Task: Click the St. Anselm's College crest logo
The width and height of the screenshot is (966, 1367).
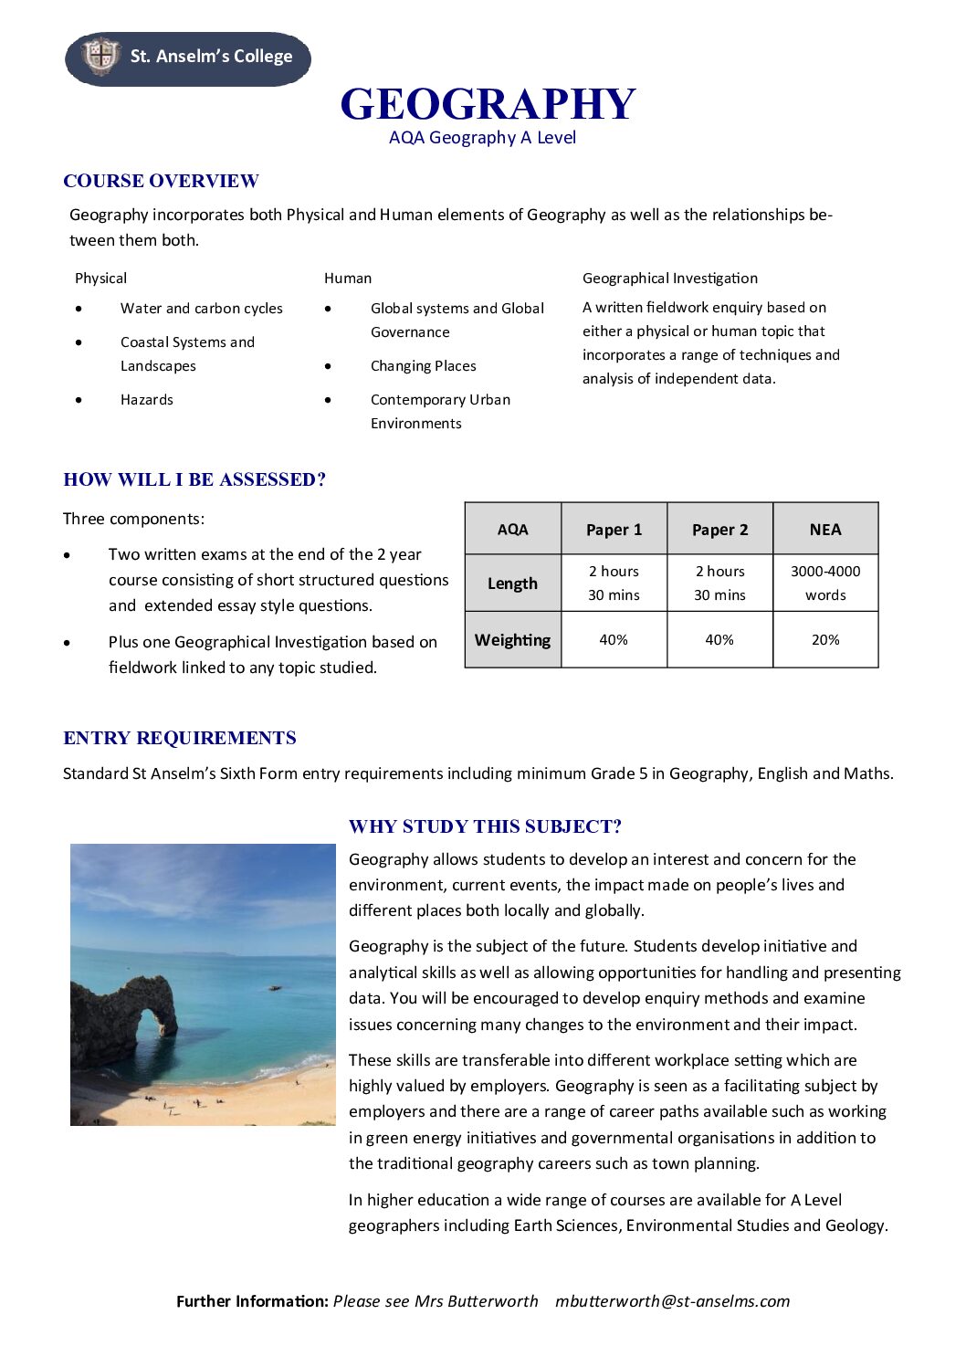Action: click(100, 57)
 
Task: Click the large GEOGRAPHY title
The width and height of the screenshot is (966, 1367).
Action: click(488, 104)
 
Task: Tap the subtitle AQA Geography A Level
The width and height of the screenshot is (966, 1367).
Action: click(482, 138)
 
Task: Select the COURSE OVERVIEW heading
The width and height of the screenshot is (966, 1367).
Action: click(161, 181)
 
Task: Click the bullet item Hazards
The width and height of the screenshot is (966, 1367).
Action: click(146, 400)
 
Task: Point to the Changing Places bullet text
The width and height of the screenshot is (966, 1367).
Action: click(423, 366)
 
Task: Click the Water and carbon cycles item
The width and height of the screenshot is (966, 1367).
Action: click(201, 309)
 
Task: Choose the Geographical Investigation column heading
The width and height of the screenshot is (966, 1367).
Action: click(669, 279)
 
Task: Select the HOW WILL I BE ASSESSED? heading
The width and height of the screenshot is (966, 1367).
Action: click(194, 479)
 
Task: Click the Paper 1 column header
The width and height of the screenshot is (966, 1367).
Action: click(614, 530)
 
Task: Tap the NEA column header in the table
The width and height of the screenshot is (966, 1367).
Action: click(824, 530)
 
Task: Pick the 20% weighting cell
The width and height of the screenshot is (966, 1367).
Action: click(824, 640)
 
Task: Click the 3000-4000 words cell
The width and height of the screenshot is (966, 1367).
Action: click(824, 584)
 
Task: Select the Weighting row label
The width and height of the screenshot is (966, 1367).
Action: click(512, 640)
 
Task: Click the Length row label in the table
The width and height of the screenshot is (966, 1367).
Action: click(512, 584)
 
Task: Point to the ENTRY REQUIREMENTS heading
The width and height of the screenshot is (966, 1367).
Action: click(180, 738)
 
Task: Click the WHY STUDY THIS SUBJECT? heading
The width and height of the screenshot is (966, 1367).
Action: click(485, 826)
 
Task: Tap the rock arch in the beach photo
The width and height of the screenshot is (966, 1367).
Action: click(128, 1014)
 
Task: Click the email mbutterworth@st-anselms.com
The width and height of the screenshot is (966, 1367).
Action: click(672, 1301)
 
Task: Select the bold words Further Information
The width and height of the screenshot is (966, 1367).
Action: click(252, 1301)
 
